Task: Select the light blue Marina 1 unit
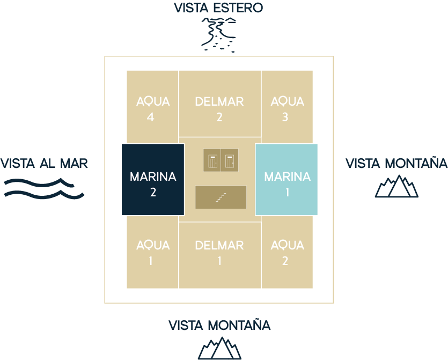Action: pos(287,179)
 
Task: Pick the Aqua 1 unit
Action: pos(152,253)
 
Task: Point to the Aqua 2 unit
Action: pos(287,253)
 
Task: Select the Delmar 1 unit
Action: pos(219,253)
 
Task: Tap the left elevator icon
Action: pos(212,160)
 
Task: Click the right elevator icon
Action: pos(230,160)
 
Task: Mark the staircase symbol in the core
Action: pos(221,197)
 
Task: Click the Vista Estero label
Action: pos(219,8)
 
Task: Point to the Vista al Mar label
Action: pos(44,163)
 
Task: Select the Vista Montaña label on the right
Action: pos(396,163)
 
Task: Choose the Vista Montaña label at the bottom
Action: pos(219,325)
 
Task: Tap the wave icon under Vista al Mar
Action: pos(44,188)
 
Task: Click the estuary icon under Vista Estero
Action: pos(218,34)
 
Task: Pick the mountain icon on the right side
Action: pos(396,186)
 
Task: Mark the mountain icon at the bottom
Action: pos(219,348)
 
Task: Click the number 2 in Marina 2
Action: pos(153,192)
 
